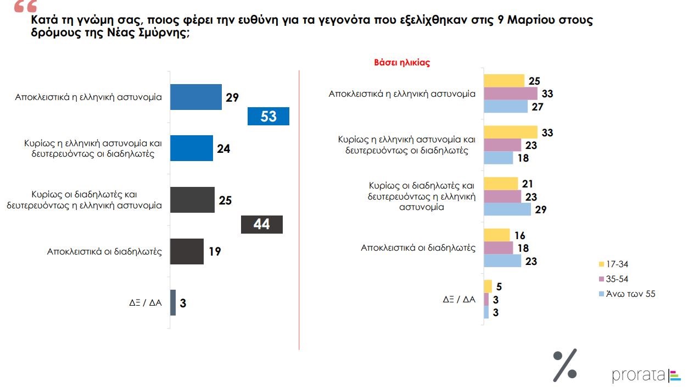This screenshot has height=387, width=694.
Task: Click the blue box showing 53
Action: click(268, 116)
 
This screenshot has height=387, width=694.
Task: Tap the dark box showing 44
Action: click(262, 224)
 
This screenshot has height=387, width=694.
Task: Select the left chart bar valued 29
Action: click(196, 97)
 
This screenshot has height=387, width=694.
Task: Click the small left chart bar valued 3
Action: click(173, 302)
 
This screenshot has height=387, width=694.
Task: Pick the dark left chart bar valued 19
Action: click(187, 252)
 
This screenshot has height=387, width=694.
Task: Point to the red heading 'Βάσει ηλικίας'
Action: click(402, 63)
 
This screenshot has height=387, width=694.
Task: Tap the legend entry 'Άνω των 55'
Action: click(626, 294)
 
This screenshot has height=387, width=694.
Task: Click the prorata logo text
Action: click(639, 376)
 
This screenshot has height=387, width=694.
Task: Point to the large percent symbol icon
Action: click(565, 365)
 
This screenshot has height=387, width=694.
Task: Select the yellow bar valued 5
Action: click(488, 286)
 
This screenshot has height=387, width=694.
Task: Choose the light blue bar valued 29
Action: click(507, 209)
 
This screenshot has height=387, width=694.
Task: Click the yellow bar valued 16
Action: click(497, 235)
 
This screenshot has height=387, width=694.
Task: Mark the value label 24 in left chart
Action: click(223, 148)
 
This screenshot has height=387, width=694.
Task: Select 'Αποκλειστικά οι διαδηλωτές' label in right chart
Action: click(418, 248)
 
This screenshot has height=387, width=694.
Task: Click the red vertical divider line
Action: click(299, 209)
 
